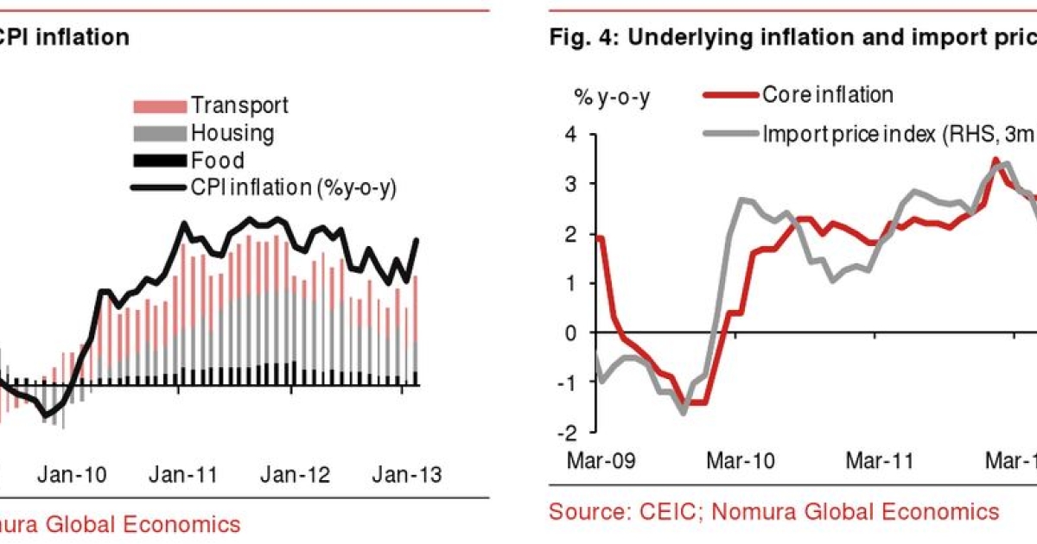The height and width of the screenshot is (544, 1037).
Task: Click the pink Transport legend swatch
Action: click(159, 106)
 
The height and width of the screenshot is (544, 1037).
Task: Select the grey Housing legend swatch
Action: click(159, 134)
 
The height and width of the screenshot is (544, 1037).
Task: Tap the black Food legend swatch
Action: click(159, 161)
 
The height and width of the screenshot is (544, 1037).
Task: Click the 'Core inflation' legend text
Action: click(827, 95)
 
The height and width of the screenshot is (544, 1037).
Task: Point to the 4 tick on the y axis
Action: click(569, 134)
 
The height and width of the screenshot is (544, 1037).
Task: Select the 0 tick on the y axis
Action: click(569, 332)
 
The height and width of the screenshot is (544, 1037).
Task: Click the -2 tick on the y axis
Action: click(565, 432)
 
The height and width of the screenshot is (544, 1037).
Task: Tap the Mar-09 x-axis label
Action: click(601, 460)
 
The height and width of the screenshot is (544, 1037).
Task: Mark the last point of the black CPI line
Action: click(418, 240)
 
